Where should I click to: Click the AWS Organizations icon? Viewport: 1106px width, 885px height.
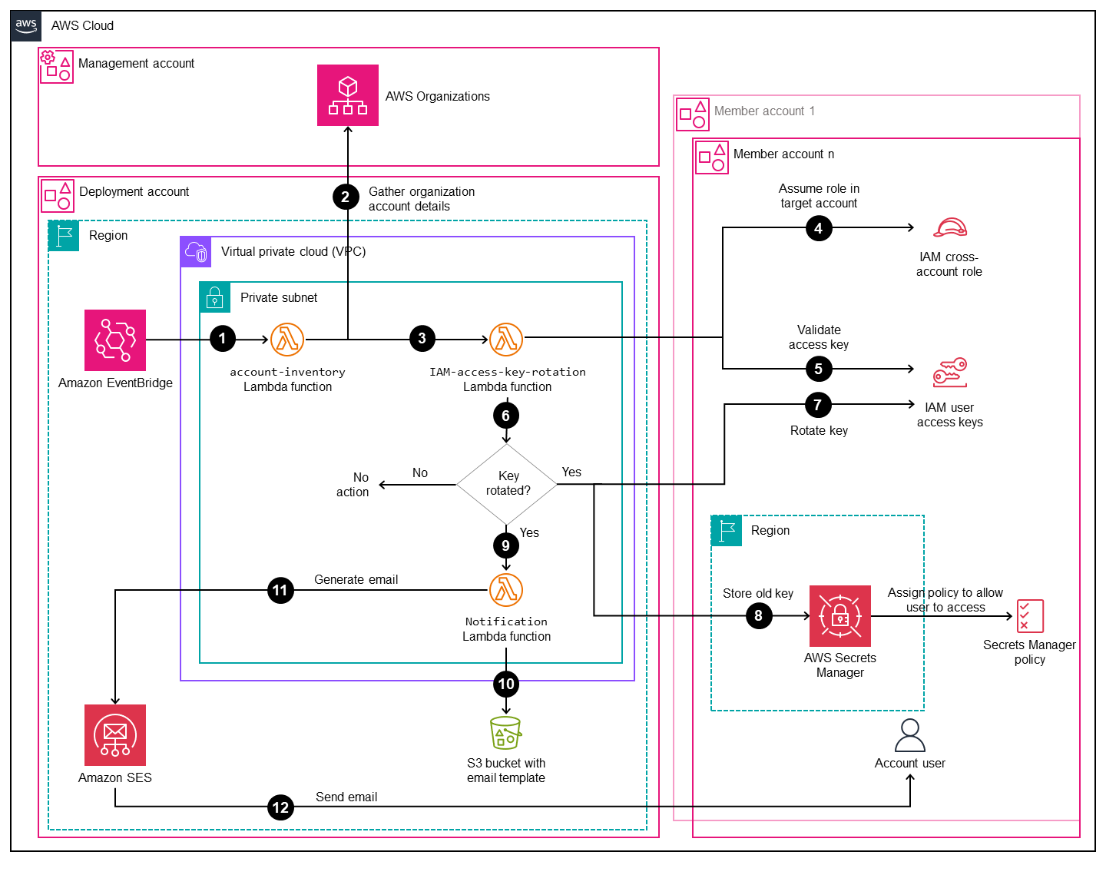(x=348, y=95)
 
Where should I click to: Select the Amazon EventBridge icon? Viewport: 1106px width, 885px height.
(x=115, y=340)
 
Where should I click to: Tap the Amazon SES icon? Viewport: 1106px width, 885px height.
(x=115, y=735)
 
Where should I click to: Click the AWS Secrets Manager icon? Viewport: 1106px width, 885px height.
(x=840, y=616)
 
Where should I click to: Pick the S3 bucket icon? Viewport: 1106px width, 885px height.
(x=505, y=733)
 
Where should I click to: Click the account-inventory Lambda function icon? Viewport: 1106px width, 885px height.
(x=287, y=340)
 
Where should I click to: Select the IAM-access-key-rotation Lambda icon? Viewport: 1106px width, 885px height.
(x=506, y=340)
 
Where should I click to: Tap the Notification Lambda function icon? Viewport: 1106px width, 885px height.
(x=506, y=590)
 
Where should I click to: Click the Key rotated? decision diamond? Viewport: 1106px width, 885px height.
(x=507, y=484)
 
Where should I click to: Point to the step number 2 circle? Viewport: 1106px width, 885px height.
(x=346, y=197)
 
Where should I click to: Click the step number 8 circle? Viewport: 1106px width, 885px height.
(x=759, y=616)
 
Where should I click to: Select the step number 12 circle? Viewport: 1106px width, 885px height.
(x=281, y=807)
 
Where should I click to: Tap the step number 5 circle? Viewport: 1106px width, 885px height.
(x=819, y=370)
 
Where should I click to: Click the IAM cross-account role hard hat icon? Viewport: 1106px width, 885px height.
(x=950, y=228)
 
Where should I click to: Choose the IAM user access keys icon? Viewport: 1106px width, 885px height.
(x=950, y=373)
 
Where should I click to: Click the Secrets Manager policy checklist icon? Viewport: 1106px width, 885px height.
(x=1030, y=616)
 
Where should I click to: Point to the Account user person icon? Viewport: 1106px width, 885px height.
(x=910, y=736)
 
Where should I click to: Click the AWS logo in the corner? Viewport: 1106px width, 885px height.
(x=26, y=25)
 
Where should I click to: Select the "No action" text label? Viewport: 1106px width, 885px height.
(x=353, y=485)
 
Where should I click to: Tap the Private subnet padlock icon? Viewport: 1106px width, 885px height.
(x=215, y=297)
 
